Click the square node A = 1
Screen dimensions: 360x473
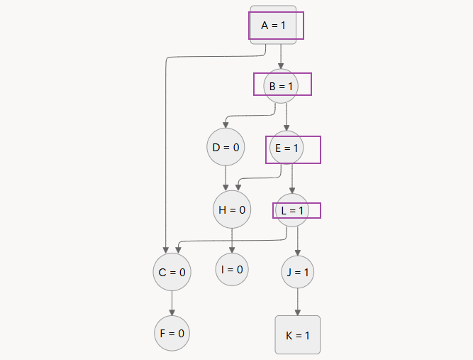click(273, 26)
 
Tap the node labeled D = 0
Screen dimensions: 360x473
click(226, 148)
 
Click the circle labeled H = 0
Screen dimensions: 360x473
click(232, 209)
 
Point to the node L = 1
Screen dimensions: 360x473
click(291, 211)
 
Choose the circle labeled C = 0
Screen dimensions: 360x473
click(172, 271)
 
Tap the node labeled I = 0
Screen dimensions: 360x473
click(232, 269)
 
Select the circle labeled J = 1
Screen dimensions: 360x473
click(297, 271)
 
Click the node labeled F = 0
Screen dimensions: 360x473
click(172, 332)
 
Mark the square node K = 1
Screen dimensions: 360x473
click(297, 334)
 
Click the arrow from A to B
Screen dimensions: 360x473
click(281, 56)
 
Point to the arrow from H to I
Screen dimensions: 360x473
click(232, 240)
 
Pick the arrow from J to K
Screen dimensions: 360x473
click(297, 301)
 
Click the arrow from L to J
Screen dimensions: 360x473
click(297, 241)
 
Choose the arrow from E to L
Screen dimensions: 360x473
click(292, 180)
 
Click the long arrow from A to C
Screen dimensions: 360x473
click(165, 156)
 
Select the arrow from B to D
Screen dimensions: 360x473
click(248, 116)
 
